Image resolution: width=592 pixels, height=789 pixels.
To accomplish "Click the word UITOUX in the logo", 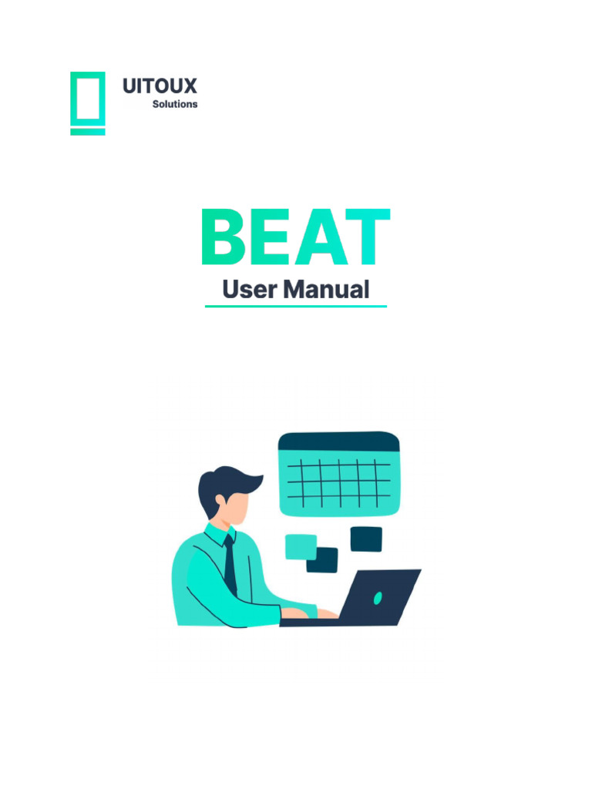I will (x=160, y=86).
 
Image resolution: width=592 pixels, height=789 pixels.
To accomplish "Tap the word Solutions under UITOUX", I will (x=174, y=104).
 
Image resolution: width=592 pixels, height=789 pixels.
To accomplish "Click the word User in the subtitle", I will (x=248, y=290).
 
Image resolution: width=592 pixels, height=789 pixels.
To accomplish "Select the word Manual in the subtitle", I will (x=325, y=290).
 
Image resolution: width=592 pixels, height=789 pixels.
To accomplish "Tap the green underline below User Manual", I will (x=295, y=307).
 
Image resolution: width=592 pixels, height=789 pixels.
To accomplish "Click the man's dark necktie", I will (x=230, y=570).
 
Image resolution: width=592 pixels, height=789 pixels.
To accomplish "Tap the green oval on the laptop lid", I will (x=378, y=598).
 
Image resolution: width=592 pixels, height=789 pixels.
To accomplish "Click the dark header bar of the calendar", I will (x=338, y=442).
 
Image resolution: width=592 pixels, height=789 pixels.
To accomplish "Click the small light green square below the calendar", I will (x=300, y=546).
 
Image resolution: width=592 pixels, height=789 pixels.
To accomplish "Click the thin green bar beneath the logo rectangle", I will (x=87, y=132).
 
